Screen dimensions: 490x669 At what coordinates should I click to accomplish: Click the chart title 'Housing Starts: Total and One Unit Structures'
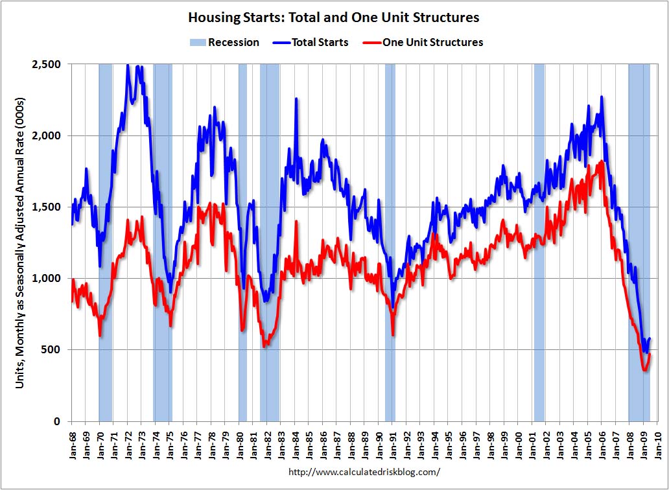click(335, 17)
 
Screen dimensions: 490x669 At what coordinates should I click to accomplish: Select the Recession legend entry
click(224, 43)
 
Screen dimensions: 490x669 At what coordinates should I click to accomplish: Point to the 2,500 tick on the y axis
click(46, 64)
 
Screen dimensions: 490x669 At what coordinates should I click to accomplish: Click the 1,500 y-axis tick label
click(46, 207)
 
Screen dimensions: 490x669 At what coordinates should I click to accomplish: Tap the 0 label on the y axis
click(57, 421)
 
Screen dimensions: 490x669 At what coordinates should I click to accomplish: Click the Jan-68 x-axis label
click(71, 443)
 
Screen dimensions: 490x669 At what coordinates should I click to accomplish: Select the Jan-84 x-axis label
click(295, 443)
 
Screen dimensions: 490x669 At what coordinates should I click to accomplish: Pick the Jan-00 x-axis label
click(519, 443)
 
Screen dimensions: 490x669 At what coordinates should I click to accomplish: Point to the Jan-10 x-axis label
click(658, 443)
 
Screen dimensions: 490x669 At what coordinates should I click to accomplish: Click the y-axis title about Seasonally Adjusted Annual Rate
click(21, 243)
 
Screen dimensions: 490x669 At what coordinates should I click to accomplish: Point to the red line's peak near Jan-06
click(602, 161)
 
